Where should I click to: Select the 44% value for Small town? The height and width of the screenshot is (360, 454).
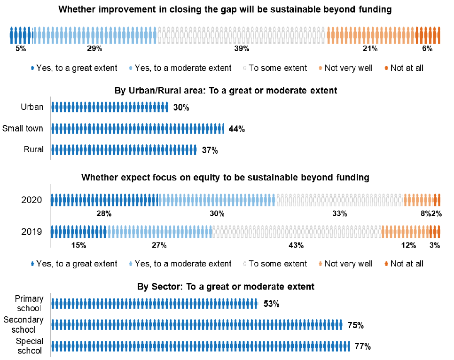237,129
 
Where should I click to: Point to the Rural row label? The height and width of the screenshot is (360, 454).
34,149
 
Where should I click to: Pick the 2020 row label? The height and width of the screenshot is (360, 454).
32,200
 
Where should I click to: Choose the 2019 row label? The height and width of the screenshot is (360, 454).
32,232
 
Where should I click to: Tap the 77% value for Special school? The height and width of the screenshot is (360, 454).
363,347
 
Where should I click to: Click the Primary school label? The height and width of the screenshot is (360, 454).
29,303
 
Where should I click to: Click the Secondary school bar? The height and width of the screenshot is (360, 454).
197,325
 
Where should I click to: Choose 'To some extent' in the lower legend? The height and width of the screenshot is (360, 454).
277,264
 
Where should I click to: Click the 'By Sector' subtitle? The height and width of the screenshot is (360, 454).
226,286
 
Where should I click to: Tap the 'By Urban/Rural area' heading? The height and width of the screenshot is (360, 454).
226,90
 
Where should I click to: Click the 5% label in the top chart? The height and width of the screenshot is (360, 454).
21,48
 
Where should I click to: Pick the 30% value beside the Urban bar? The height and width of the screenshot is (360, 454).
181,108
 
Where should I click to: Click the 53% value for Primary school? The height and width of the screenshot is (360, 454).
271,304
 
